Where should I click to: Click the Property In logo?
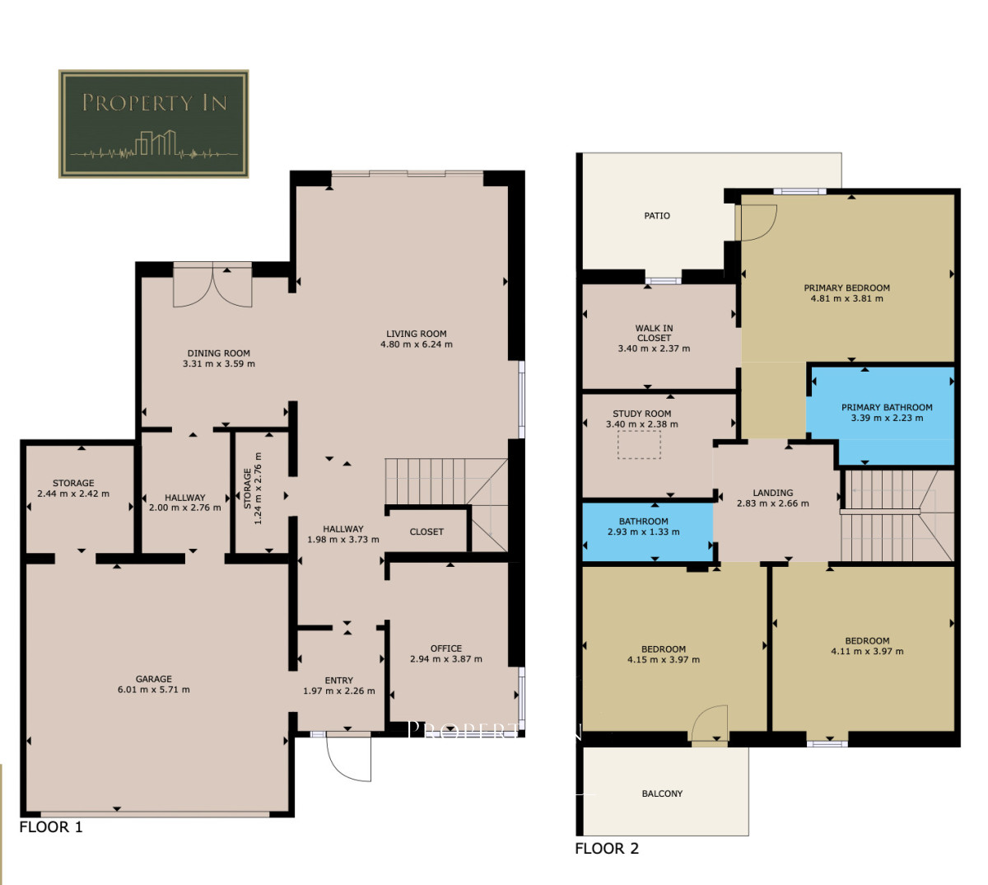coord(154,124)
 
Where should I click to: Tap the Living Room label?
coord(417,334)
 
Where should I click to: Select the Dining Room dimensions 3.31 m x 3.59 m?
coord(219,363)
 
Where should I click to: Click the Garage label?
coord(154,678)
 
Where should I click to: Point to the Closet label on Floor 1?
coord(426,531)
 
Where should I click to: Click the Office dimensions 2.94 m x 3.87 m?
coord(446,659)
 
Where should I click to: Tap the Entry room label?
coord(339,681)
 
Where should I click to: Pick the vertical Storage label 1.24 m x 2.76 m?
coord(253,489)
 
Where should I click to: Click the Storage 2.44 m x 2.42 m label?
coord(73,488)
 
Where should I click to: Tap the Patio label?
coord(657,216)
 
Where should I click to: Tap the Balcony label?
coord(662,794)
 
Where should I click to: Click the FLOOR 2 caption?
coord(607,849)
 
